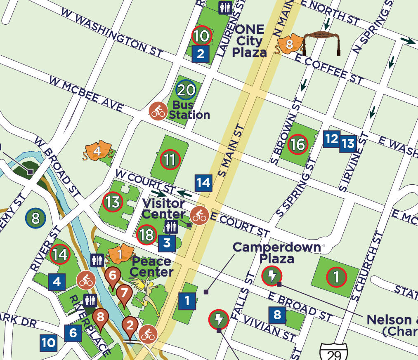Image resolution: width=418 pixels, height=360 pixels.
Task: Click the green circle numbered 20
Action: point(186,90)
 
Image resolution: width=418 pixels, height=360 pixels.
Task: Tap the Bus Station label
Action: point(189,110)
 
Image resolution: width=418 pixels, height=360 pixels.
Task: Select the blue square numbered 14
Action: point(203,183)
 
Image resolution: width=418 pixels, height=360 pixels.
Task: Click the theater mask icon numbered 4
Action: point(97,151)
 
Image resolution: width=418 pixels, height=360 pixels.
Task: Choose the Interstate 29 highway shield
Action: point(333,351)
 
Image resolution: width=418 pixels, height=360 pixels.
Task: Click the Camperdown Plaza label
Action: point(276,253)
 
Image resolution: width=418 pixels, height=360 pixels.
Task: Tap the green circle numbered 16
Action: point(298,144)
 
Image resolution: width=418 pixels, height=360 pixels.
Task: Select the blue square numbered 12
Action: point(332,139)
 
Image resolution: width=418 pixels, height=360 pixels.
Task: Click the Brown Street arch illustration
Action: point(322,42)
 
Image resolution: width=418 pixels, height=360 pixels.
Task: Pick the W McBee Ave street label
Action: point(86,94)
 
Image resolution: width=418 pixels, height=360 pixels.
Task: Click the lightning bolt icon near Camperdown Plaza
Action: point(272,276)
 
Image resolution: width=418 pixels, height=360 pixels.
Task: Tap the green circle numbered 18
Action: point(146,235)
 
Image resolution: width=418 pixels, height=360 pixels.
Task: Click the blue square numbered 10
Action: point(48,342)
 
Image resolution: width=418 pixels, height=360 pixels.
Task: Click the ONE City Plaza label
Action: point(249,41)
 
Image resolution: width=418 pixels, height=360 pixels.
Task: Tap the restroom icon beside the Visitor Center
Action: point(171,226)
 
